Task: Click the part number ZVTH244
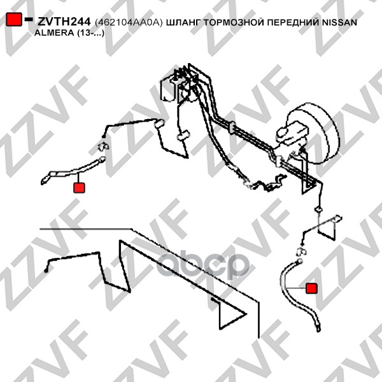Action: [x=64, y=22]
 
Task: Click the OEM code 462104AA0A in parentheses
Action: [x=129, y=22]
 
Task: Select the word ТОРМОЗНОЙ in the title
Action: [x=234, y=22]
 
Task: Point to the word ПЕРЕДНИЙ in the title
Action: [x=294, y=22]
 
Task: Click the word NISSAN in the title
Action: [x=339, y=22]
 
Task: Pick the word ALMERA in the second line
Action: [x=54, y=33]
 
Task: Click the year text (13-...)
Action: [x=90, y=33]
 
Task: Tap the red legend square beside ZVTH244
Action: [x=14, y=19]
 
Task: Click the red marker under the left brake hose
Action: [x=79, y=188]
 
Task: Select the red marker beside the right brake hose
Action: [x=311, y=288]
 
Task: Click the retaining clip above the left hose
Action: [x=103, y=146]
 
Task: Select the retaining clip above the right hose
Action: [x=301, y=251]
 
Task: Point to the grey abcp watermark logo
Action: [x=203, y=265]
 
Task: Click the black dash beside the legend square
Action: [x=28, y=19]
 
